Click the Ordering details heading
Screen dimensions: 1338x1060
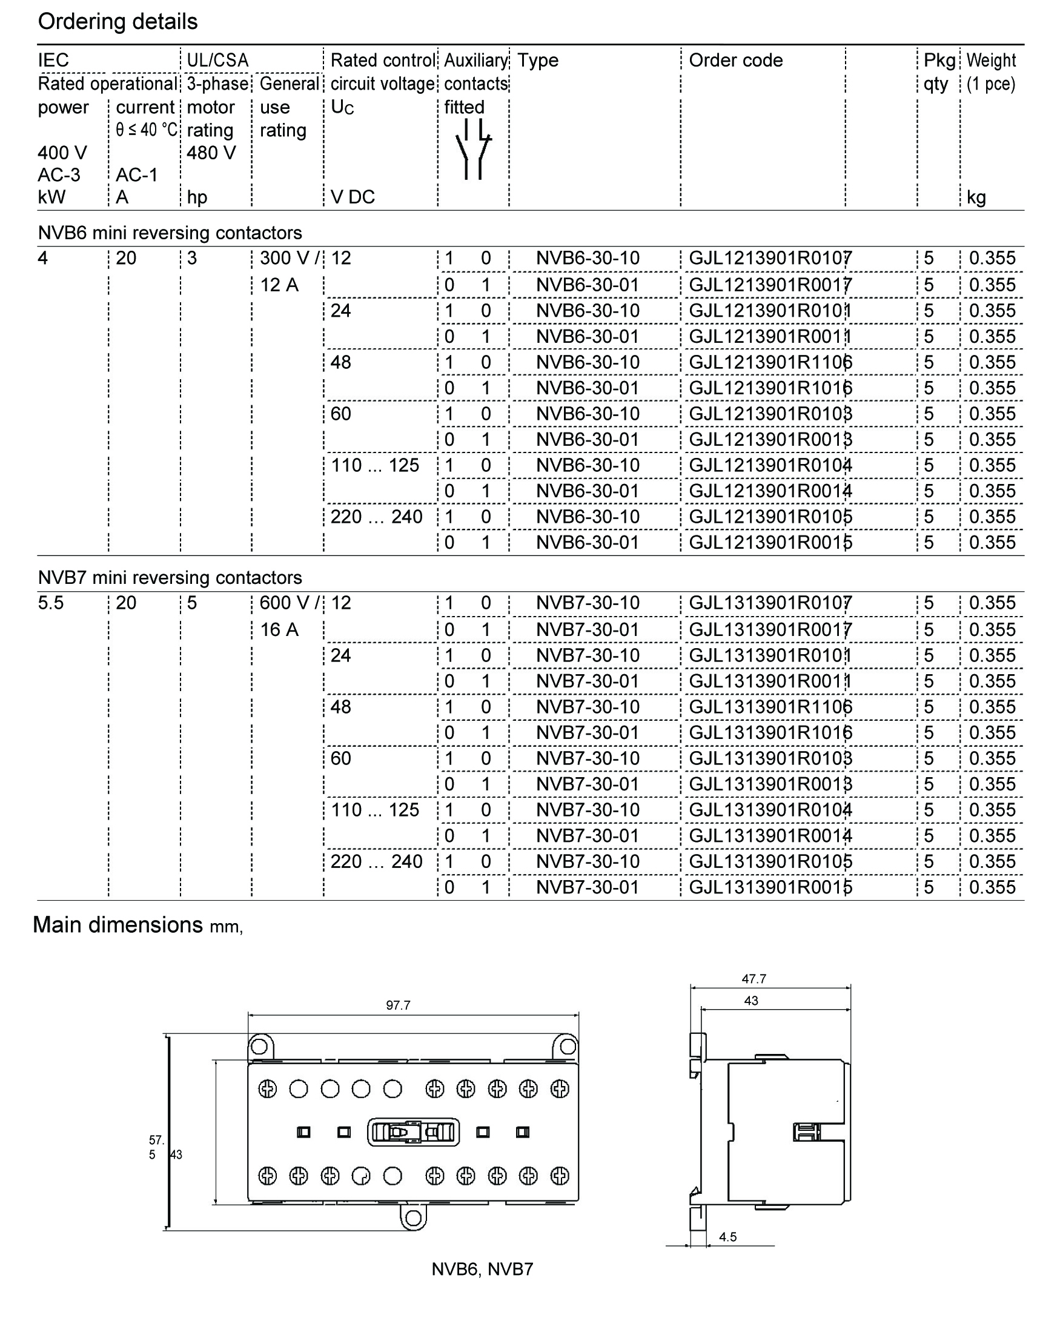(x=118, y=22)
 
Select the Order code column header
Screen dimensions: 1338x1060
(x=735, y=60)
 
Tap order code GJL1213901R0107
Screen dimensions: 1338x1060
(x=769, y=258)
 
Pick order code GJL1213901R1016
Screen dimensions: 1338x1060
(x=769, y=388)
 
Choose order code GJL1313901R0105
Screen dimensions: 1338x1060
(x=769, y=861)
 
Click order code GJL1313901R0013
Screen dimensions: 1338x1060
(x=769, y=784)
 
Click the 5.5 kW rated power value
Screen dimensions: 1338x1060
(x=51, y=603)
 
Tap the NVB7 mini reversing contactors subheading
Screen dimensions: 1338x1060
(x=170, y=577)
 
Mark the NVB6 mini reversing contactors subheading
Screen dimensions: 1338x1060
(x=170, y=233)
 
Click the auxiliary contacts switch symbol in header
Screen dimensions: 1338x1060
(x=473, y=149)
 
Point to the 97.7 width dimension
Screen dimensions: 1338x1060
(x=398, y=1005)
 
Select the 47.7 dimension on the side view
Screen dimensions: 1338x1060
(x=754, y=979)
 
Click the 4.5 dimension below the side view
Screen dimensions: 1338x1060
(x=727, y=1237)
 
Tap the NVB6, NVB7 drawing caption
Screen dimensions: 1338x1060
(x=482, y=1269)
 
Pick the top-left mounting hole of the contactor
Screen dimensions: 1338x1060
(x=259, y=1047)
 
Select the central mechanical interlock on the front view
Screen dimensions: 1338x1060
(x=413, y=1133)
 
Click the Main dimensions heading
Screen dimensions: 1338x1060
(x=118, y=925)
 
